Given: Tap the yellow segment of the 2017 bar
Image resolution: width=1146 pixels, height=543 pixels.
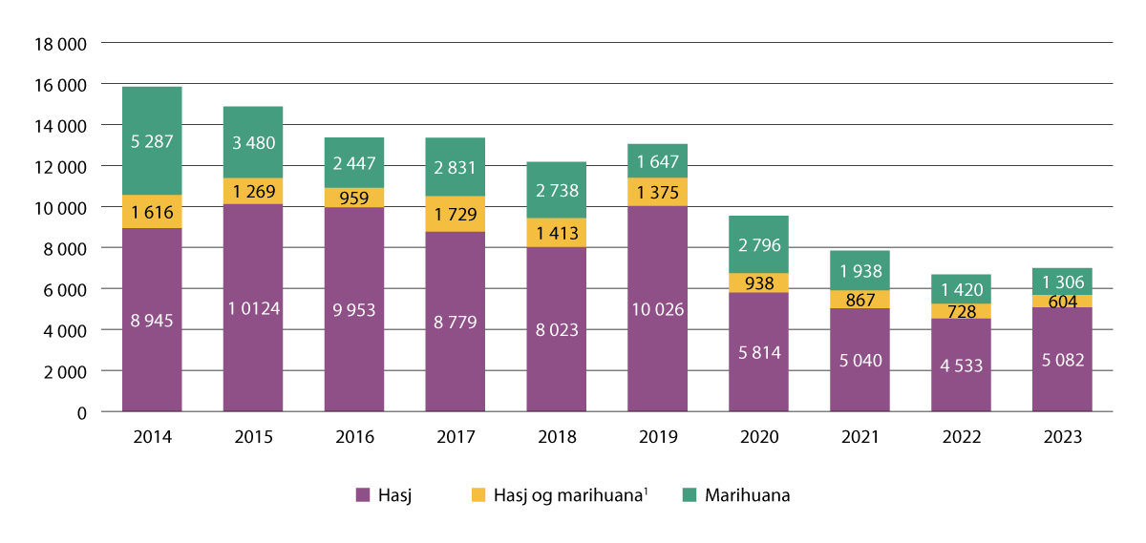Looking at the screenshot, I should [456, 214].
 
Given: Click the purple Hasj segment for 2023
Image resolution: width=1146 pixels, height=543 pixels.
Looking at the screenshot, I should [1062, 360].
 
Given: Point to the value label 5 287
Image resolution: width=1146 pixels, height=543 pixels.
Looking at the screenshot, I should [152, 140].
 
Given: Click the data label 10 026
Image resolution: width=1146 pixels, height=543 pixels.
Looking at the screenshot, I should [658, 308].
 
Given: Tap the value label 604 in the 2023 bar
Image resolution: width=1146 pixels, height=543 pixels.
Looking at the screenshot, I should [1062, 303].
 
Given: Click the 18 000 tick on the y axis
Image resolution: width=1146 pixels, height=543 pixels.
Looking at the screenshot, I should [59, 44].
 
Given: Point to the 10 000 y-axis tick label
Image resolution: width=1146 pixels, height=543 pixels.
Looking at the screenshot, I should [59, 207].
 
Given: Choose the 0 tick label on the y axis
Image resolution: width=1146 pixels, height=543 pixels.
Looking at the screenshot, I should [81, 412].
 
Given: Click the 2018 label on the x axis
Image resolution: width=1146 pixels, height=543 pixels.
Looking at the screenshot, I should [557, 438].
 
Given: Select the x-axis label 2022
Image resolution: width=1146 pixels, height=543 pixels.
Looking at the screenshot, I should [961, 438].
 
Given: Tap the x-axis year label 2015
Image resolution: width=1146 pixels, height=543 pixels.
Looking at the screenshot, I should [253, 438].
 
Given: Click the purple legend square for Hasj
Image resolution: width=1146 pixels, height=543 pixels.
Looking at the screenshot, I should [362, 495].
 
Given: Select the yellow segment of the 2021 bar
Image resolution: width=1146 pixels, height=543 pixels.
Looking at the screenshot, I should [859, 300].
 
